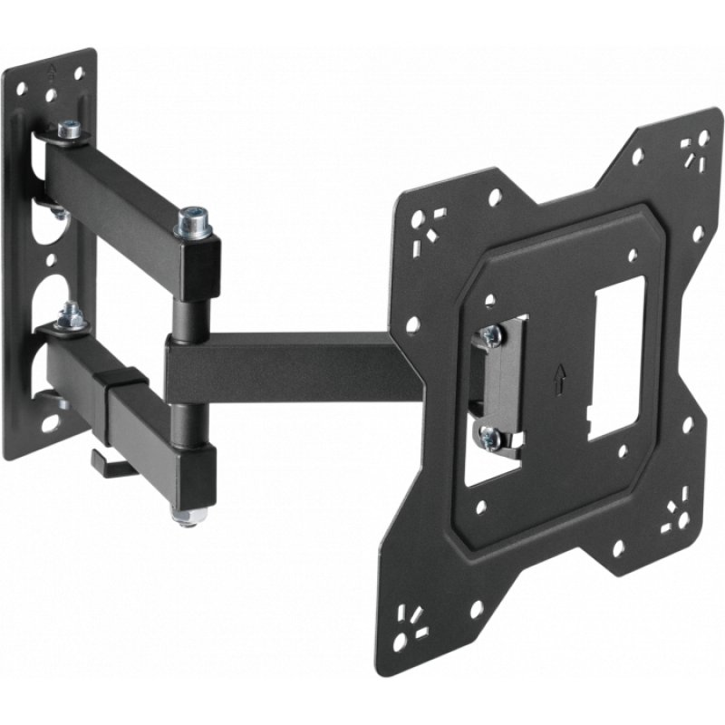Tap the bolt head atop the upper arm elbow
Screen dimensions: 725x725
[193, 220]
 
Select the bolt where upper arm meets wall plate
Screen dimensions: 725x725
[70, 131]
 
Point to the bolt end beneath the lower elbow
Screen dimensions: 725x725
[187, 517]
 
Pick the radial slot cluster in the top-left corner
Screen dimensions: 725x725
[422, 222]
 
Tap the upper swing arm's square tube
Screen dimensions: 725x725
[127, 191]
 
